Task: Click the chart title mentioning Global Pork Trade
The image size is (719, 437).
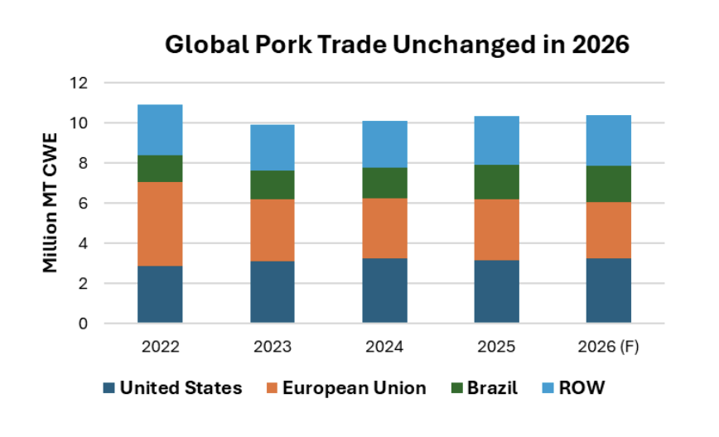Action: click(398, 45)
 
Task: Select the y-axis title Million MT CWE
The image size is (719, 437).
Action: click(51, 202)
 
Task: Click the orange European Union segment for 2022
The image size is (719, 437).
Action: click(160, 223)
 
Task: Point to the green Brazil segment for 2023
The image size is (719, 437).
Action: click(272, 185)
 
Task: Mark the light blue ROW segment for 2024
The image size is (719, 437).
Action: click(384, 144)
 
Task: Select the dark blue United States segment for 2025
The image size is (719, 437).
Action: click(496, 291)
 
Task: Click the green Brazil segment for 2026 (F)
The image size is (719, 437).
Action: click(609, 184)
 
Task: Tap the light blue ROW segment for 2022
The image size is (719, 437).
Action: click(160, 130)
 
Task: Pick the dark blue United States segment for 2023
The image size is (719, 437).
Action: click(272, 292)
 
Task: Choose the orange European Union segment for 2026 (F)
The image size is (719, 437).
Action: click(609, 230)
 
